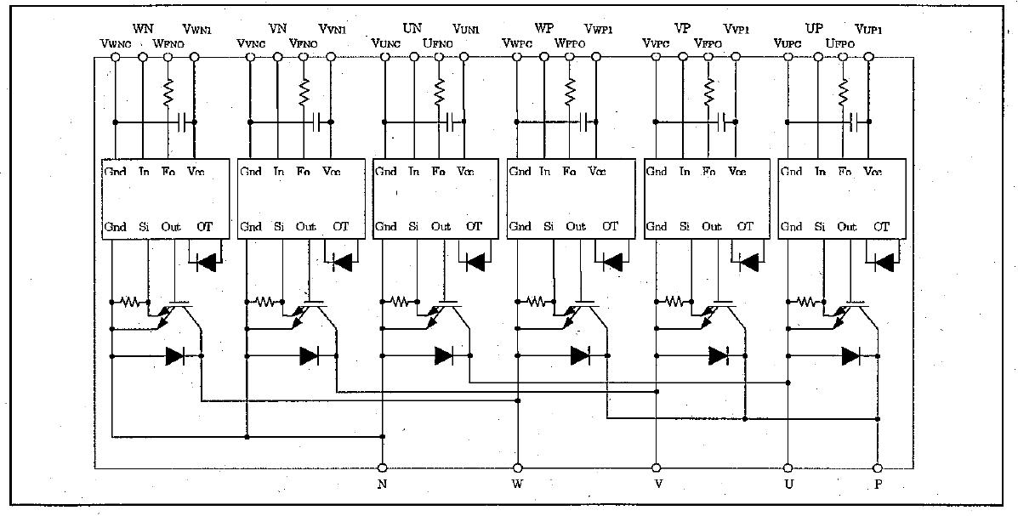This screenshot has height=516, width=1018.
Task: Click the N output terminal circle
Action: (x=382, y=468)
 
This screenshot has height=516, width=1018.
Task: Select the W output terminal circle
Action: (x=517, y=468)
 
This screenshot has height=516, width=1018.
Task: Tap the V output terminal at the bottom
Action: (x=656, y=468)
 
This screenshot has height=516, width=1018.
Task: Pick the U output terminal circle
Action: (x=788, y=468)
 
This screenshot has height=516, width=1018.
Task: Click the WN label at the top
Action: (x=143, y=28)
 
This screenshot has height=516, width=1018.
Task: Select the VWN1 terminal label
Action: (x=197, y=31)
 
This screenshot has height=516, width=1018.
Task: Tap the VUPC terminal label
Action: (x=788, y=43)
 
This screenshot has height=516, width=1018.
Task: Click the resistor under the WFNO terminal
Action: (x=168, y=89)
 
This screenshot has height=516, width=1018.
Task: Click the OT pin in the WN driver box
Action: (x=205, y=227)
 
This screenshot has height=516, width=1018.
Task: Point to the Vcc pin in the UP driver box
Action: (x=873, y=172)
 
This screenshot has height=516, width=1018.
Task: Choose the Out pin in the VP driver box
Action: (x=712, y=227)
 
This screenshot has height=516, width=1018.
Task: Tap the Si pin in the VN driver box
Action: (x=279, y=227)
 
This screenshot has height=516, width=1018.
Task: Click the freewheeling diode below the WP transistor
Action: (x=580, y=355)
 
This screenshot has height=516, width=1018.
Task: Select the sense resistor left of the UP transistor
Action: (x=807, y=301)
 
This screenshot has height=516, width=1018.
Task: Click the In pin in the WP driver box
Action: (x=545, y=172)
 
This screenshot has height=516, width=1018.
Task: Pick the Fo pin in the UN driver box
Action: (x=439, y=172)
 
